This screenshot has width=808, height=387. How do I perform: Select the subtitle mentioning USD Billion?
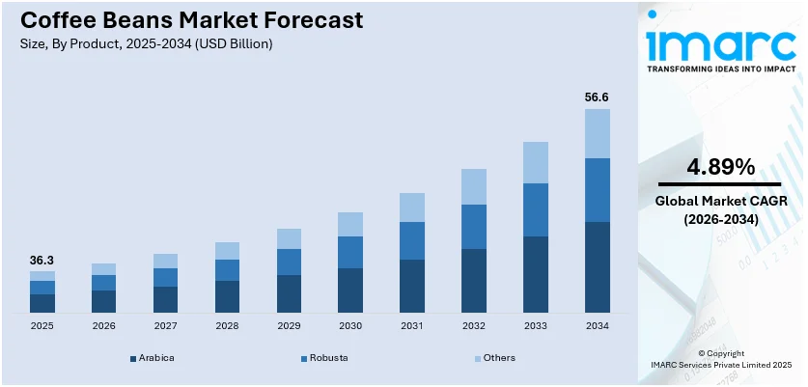click(145, 43)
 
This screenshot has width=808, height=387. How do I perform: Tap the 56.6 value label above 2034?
click(598, 97)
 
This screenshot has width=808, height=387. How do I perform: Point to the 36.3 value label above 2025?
click(42, 261)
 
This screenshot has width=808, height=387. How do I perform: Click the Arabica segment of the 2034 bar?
click(598, 267)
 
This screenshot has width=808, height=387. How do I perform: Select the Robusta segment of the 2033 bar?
click(536, 209)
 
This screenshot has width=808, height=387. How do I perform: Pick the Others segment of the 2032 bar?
click(474, 186)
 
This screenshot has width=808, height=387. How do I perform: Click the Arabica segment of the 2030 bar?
click(350, 290)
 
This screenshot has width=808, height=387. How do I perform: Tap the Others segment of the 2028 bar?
click(227, 251)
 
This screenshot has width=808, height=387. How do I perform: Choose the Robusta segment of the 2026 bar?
click(103, 283)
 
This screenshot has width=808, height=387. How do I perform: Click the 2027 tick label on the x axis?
click(165, 326)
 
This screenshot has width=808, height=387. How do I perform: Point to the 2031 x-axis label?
click(412, 326)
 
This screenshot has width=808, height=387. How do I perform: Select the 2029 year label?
click(289, 326)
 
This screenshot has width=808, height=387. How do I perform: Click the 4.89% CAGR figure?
click(720, 167)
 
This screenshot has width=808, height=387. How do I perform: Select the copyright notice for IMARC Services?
click(720, 359)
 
